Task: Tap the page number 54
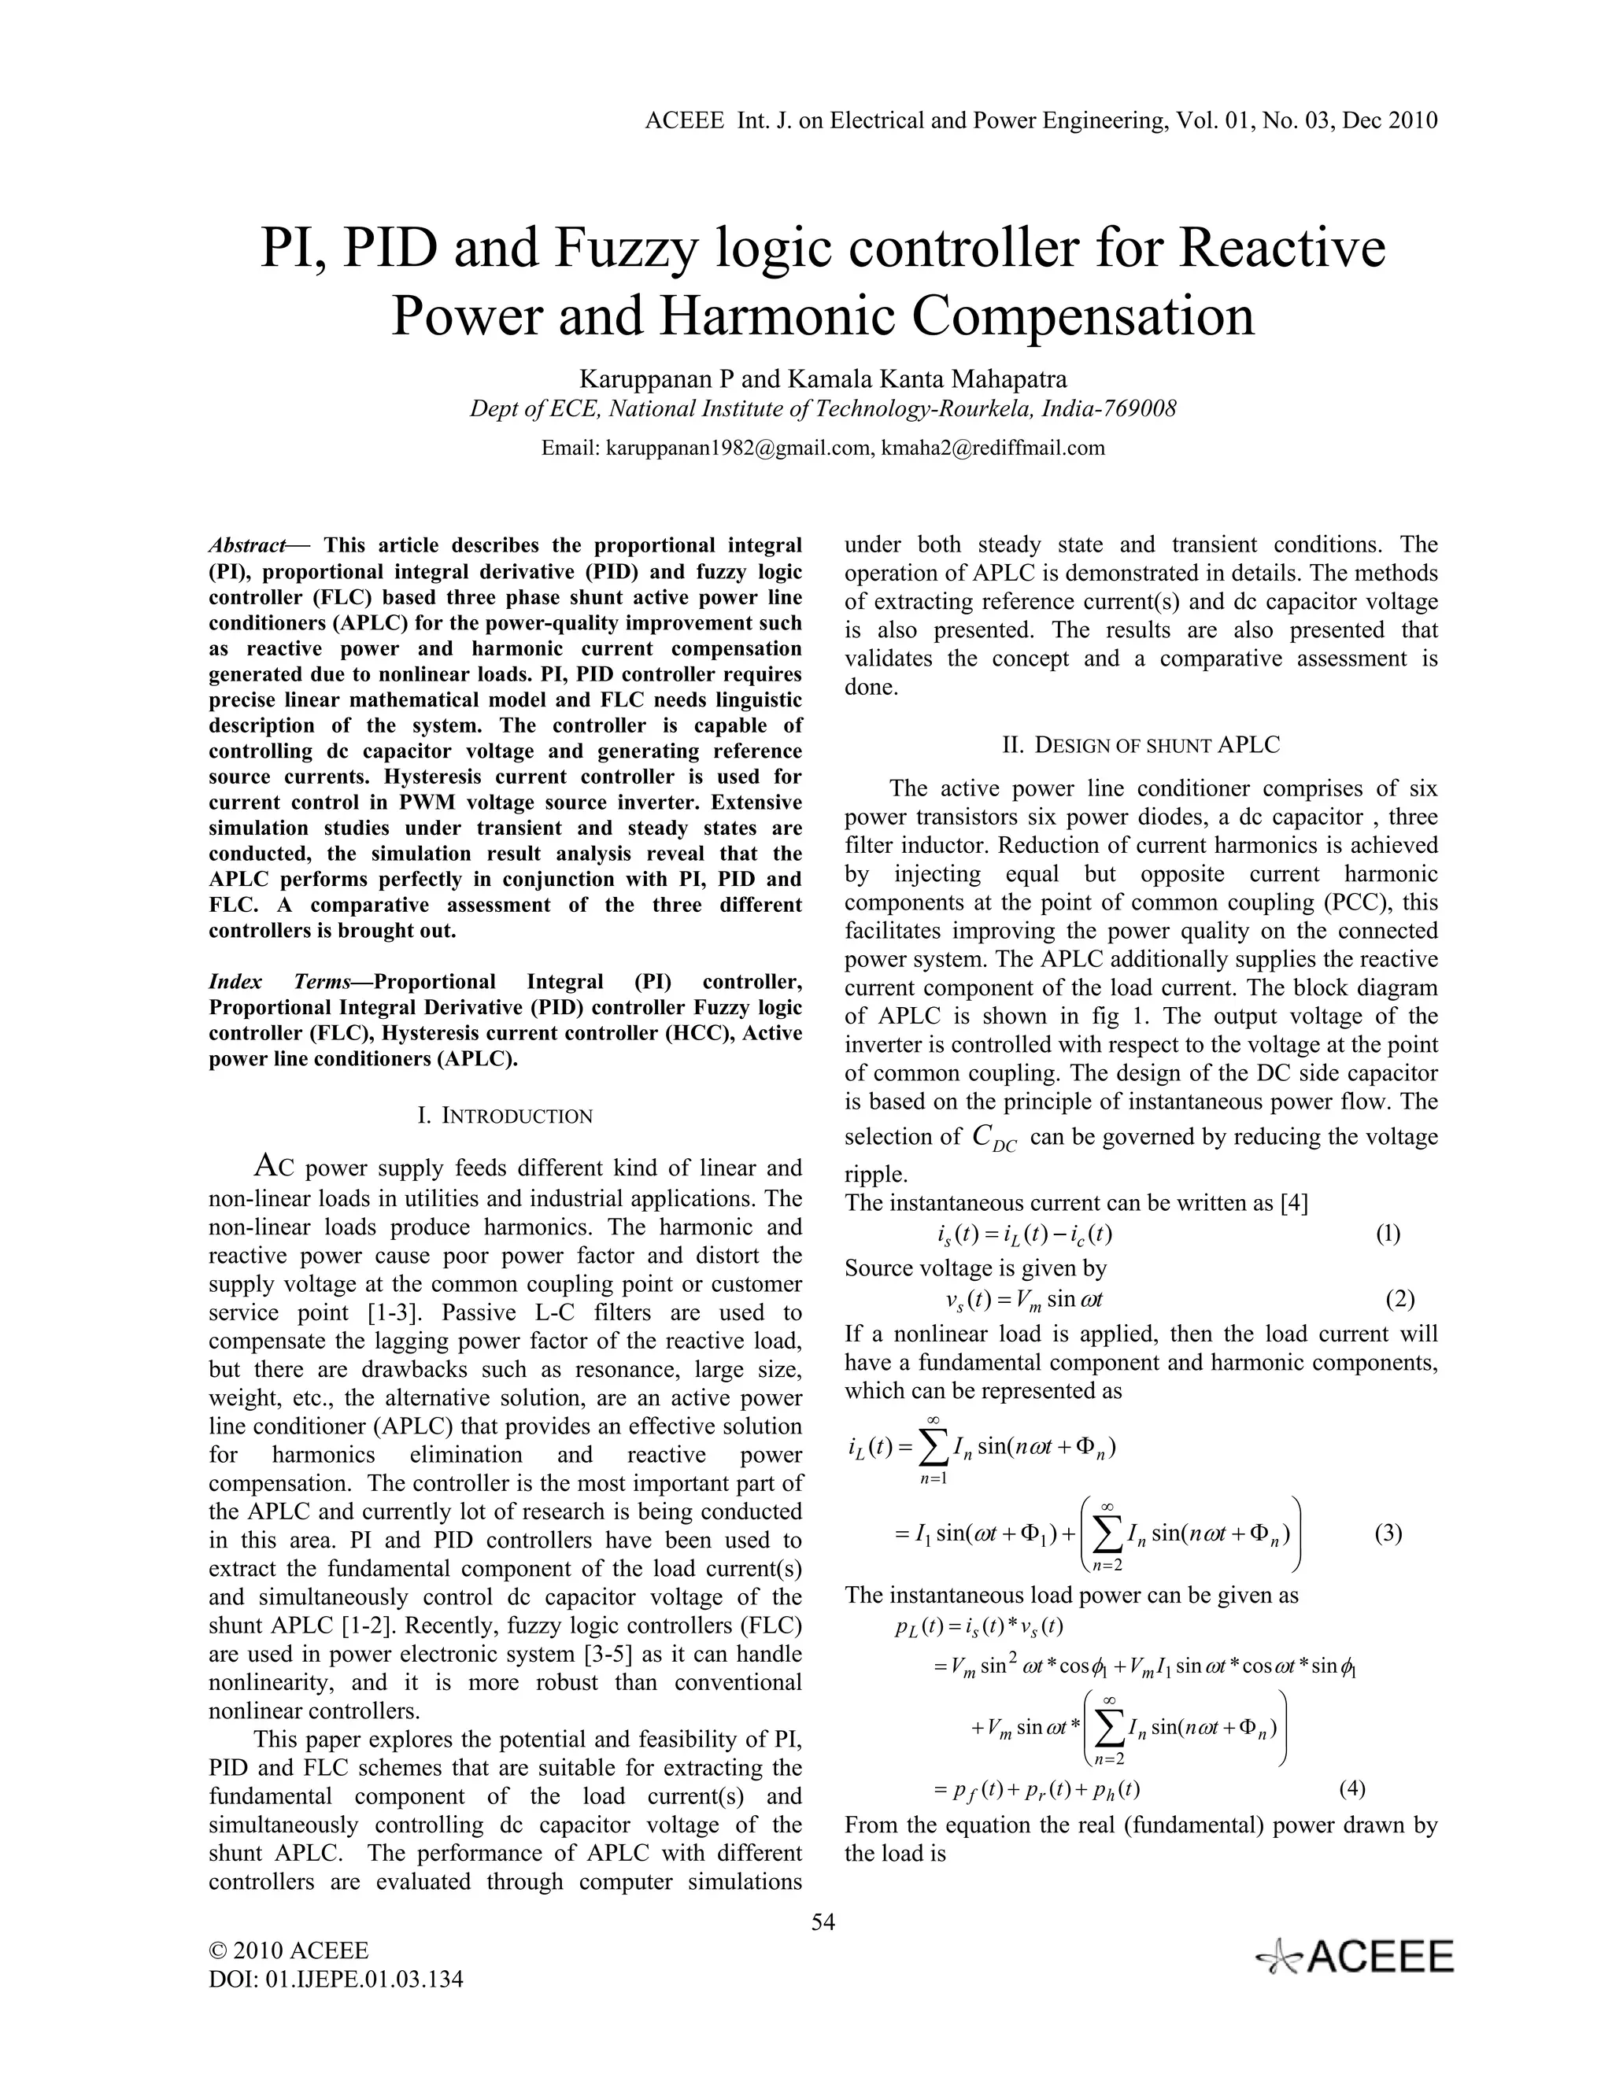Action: (x=823, y=1923)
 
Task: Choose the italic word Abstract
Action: (x=246, y=545)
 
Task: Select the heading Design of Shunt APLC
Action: (x=1141, y=744)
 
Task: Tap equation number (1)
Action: (x=1388, y=1234)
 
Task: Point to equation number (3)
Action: (x=1388, y=1533)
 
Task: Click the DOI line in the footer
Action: (x=336, y=1979)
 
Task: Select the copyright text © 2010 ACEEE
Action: (x=288, y=1950)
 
